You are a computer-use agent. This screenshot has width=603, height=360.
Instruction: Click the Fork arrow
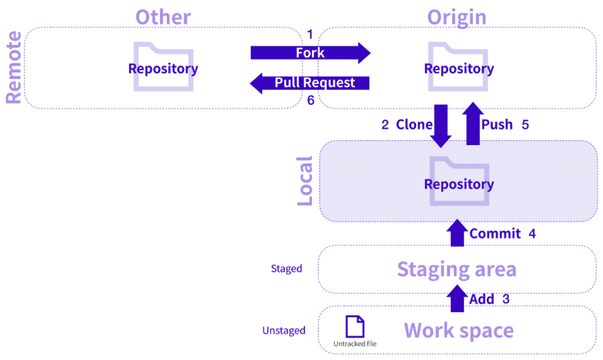click(311, 53)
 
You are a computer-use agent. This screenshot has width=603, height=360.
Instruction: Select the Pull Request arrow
click(310, 83)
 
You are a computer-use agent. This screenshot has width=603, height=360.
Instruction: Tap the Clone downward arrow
click(440, 126)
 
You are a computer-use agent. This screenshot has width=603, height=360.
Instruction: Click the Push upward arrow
click(473, 123)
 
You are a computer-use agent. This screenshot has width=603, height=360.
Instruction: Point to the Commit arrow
click(457, 233)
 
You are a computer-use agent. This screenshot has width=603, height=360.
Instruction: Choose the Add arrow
click(457, 299)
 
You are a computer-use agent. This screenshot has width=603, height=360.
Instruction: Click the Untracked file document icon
click(355, 326)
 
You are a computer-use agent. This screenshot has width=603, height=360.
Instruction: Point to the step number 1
click(310, 35)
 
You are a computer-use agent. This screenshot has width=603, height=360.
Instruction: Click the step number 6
click(311, 100)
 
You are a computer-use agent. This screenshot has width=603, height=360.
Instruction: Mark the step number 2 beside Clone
click(385, 125)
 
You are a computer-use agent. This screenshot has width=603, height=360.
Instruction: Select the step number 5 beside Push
click(525, 125)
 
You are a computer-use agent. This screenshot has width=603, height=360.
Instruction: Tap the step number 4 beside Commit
click(532, 233)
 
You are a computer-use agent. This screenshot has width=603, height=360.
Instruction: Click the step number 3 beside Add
click(506, 299)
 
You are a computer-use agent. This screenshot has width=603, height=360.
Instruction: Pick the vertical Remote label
click(14, 67)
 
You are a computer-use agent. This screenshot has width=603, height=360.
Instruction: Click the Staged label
click(286, 268)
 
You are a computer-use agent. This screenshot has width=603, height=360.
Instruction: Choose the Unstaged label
click(284, 331)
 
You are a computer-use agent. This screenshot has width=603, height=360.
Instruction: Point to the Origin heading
click(457, 17)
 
